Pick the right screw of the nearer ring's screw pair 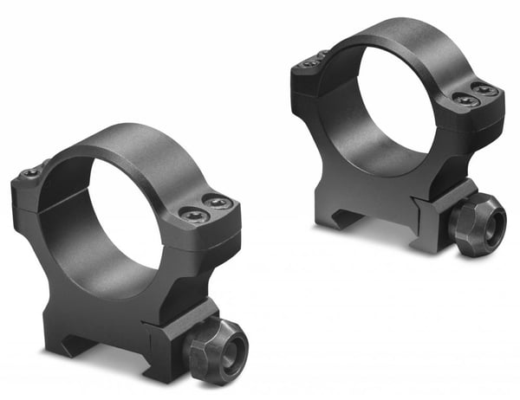[218, 203]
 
